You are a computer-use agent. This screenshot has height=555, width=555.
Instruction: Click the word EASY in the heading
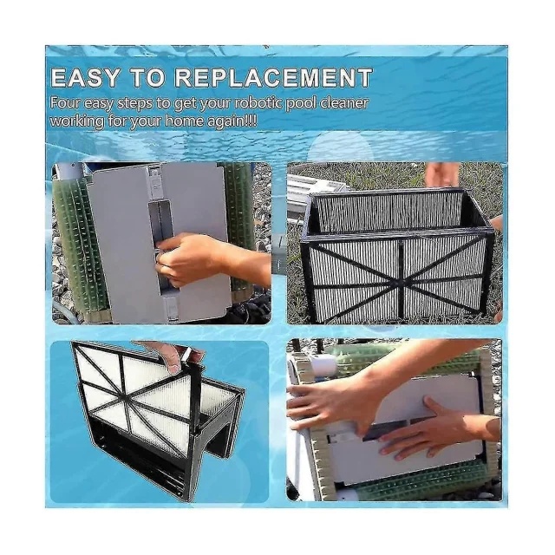click(85, 78)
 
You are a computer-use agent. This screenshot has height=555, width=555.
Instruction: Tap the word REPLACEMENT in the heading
click(274, 78)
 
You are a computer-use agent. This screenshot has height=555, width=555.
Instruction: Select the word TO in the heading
click(147, 78)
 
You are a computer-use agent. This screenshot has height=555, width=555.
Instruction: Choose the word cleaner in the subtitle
click(344, 103)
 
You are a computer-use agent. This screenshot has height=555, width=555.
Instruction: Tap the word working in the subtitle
click(77, 122)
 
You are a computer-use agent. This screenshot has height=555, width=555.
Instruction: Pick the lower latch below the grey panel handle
click(171, 307)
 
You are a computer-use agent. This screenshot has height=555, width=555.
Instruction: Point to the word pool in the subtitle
click(301, 104)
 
